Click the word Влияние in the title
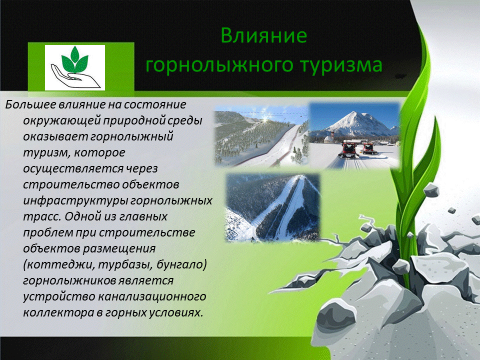(x=263, y=35)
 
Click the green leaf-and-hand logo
(x=75, y=67)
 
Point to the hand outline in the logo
(x=74, y=77)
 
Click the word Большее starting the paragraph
(x=30, y=104)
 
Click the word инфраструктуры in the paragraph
(x=75, y=200)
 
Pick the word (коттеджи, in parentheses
(x=58, y=264)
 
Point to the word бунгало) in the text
(x=182, y=264)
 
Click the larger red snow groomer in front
(x=348, y=150)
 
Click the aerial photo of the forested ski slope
(x=273, y=207)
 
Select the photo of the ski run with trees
(x=261, y=136)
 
